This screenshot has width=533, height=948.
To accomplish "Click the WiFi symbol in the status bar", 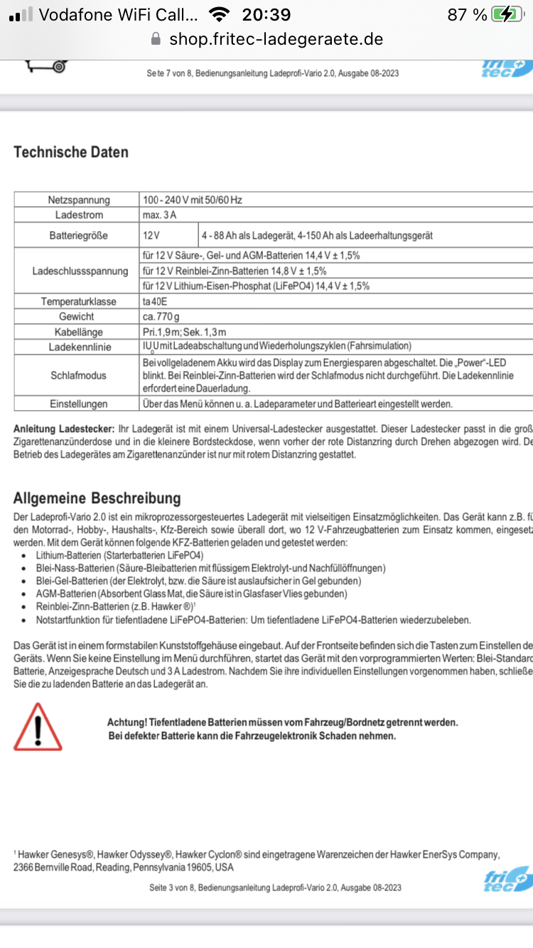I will (x=220, y=14).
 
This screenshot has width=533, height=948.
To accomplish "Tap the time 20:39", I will (x=266, y=14).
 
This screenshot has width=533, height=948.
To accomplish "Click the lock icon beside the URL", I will (x=156, y=39).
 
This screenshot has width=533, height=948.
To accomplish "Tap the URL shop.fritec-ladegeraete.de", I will (x=276, y=39).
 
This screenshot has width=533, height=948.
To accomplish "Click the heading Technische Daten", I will (x=71, y=152).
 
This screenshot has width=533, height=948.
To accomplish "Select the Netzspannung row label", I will (x=77, y=200).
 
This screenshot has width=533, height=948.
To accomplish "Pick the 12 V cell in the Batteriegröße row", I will (x=152, y=235).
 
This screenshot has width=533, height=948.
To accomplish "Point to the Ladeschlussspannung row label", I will (x=80, y=271).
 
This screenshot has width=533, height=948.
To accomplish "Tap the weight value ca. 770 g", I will (x=161, y=316).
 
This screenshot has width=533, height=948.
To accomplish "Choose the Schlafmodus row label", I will (x=78, y=375).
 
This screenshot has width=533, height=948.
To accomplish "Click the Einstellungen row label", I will (x=78, y=404).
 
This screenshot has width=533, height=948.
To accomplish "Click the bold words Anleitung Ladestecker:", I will (x=64, y=429).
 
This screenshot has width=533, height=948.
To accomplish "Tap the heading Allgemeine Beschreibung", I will (x=97, y=497).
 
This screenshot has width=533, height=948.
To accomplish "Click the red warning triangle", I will (x=38, y=726).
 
